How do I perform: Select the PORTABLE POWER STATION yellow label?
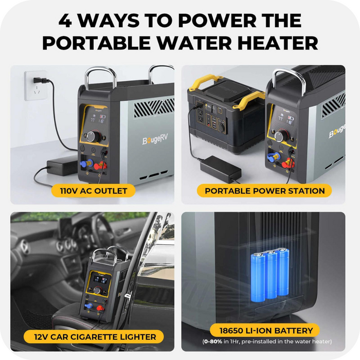point(264,191)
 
